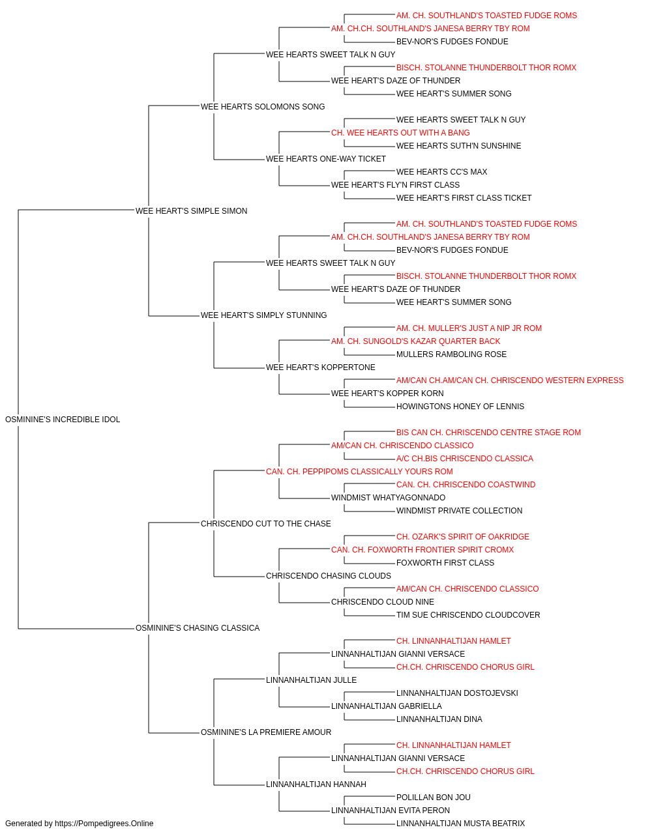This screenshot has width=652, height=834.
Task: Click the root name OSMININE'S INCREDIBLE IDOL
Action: coord(63,420)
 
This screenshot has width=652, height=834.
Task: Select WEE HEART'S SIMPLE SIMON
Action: coord(191,211)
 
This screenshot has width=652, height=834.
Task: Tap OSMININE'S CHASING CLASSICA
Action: coord(198,628)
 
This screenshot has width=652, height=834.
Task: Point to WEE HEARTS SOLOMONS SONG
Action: coord(263,107)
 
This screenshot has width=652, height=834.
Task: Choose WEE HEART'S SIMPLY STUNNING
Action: coord(264,315)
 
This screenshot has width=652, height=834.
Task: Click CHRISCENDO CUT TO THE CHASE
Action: coord(266,524)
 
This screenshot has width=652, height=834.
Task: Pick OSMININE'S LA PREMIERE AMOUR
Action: coord(266,732)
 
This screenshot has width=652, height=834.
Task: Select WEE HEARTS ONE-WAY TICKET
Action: coord(326,159)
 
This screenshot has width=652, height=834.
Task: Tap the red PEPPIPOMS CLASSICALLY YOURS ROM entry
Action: coord(359,472)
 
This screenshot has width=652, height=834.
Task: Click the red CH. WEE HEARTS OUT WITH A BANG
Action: coord(400,133)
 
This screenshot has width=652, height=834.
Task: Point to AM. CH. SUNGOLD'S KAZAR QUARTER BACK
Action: coord(416,341)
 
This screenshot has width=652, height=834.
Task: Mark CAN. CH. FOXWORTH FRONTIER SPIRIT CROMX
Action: coord(422,550)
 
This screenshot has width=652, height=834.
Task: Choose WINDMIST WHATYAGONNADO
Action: coord(388,498)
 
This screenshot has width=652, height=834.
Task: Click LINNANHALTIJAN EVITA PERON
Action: coord(391,811)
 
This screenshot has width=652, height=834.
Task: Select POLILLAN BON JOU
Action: coord(434,798)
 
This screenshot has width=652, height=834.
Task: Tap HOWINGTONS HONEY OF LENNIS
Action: coord(460,407)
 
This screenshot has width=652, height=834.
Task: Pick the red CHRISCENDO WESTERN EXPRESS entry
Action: coord(510,381)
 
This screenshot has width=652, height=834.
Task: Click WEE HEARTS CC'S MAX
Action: coord(441,172)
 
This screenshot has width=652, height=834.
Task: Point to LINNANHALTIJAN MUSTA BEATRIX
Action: coord(460,824)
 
